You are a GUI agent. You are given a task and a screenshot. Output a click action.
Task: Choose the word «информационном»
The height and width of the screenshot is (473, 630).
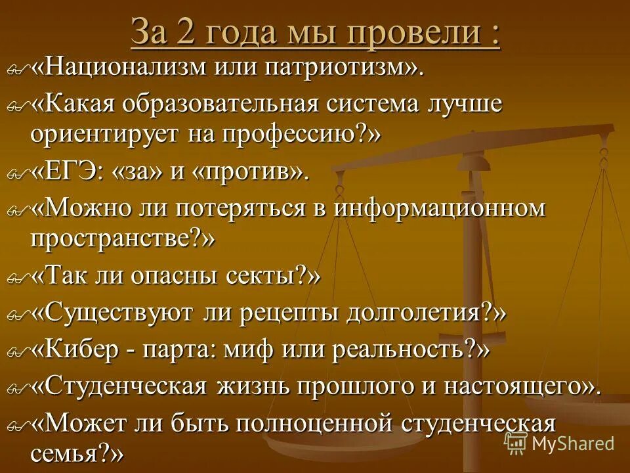coord(440,208)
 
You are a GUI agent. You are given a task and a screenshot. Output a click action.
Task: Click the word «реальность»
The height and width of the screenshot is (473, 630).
coord(401,349)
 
